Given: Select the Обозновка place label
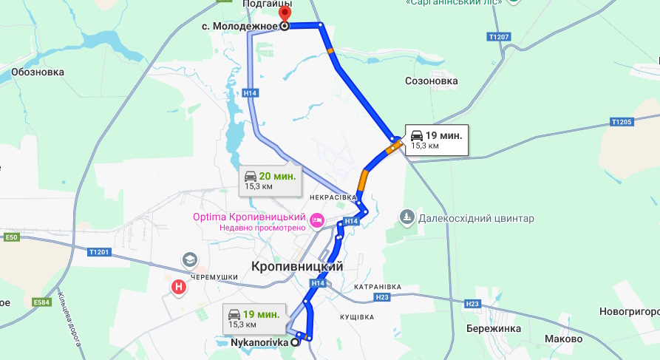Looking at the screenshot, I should coord(37,72).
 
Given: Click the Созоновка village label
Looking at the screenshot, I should coord(432,81).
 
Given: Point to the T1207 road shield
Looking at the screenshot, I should coord(500,37).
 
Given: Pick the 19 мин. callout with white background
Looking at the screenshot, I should coord(436,139).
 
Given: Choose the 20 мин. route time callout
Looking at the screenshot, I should coord(271,180).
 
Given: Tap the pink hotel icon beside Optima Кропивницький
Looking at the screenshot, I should coord(318,220).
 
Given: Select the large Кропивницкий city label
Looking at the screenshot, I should coord(297,266).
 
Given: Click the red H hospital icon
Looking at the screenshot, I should coord(178,287).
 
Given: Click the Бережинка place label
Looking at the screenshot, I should coord(494,328).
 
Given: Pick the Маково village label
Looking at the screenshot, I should coord(563,339).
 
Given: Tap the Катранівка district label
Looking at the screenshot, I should coord(377,286).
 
